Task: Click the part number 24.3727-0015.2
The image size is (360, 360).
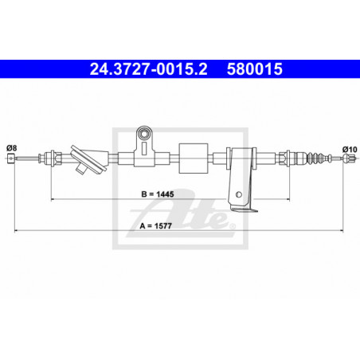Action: (x=148, y=69)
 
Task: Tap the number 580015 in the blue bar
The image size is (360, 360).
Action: (x=255, y=69)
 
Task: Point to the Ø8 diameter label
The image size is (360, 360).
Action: (x=11, y=147)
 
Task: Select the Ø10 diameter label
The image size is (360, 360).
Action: (x=350, y=149)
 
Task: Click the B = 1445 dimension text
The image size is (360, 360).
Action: (x=158, y=194)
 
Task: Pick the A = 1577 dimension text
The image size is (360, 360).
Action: (x=156, y=226)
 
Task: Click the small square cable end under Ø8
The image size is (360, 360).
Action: (x=11, y=158)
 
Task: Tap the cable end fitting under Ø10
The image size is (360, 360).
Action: (x=349, y=158)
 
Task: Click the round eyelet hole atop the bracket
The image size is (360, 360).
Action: (x=144, y=134)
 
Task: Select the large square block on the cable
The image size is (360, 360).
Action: (x=194, y=158)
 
